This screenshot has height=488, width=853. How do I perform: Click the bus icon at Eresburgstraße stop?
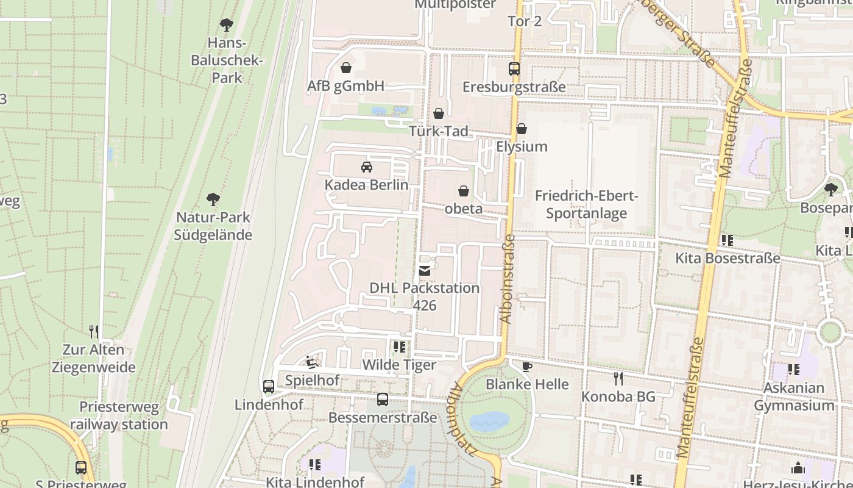tap(514, 68)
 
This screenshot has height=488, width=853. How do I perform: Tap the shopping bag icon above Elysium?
tap(522, 129)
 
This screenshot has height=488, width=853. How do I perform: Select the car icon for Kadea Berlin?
tap(367, 167)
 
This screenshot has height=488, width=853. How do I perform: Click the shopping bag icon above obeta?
tap(464, 191)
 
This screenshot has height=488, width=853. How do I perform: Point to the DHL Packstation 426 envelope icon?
tap(425, 270)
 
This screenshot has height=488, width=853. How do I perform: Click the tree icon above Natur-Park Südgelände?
tap(213, 199)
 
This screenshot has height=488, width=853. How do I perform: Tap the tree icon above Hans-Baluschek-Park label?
tap(227, 25)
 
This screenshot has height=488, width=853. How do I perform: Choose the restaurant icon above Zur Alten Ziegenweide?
tap(94, 332)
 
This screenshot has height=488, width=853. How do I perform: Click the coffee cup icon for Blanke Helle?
tap(527, 367)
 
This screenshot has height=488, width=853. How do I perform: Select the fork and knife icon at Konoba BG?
tap(618, 379)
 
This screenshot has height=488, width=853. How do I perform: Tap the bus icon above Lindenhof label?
tap(269, 386)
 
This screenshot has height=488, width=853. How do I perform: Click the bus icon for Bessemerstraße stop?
tap(383, 400)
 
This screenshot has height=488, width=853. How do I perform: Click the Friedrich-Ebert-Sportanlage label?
tap(586, 205)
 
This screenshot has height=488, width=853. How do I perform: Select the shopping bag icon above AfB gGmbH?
tap(346, 68)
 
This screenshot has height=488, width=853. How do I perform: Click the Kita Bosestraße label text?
tap(727, 258)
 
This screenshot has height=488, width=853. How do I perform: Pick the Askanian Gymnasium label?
tap(794, 396)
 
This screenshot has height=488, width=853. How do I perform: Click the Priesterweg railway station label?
tap(118, 415)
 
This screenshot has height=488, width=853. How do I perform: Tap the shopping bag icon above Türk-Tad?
tap(439, 113)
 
